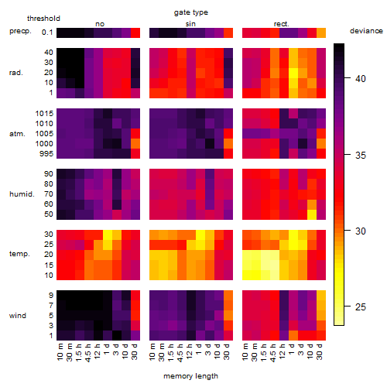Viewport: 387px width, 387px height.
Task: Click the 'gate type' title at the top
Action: (191, 12)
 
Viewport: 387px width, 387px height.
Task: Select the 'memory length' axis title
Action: (190, 376)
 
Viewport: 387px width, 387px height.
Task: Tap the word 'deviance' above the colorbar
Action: (366, 31)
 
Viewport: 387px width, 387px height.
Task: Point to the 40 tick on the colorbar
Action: (348, 78)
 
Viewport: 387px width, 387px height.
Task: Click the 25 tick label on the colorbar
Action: (361, 307)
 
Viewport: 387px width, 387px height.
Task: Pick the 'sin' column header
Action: (190, 24)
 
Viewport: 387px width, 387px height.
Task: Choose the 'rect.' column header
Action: (282, 24)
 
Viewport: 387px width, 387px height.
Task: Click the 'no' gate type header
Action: (100, 24)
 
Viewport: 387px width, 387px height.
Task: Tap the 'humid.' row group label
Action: (22, 194)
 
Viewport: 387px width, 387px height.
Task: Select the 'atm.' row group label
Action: (17, 134)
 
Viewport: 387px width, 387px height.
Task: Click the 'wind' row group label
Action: (18, 316)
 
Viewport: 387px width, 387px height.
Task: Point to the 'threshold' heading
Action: (43, 19)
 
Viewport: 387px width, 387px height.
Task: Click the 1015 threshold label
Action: (44, 114)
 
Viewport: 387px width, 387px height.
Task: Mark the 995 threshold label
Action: (46, 154)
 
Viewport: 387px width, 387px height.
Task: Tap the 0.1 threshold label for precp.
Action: (47, 33)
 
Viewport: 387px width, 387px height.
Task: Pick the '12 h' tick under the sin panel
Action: (190, 351)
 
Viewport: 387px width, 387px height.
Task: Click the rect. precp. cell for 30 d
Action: (321, 33)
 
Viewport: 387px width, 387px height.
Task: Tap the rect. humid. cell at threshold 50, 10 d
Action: (312, 214)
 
